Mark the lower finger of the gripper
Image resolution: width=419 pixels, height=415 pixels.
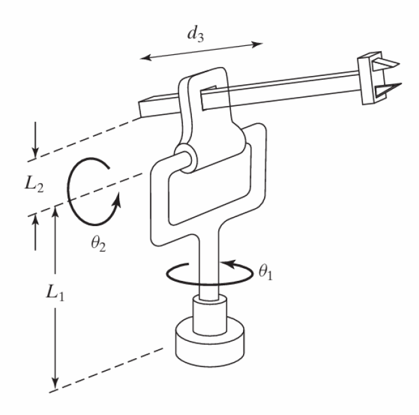[x=389, y=88]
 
